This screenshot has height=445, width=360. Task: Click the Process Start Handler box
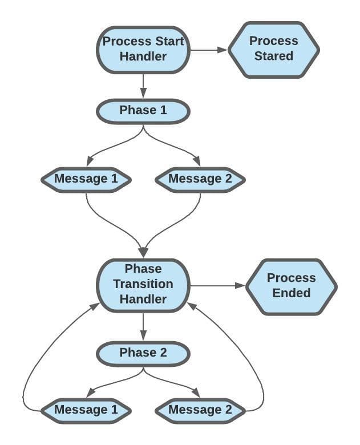click(x=143, y=49)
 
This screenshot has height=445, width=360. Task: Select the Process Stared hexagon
click(x=274, y=49)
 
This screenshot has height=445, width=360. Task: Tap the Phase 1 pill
click(x=143, y=111)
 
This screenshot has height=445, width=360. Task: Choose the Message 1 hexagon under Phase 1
click(x=86, y=179)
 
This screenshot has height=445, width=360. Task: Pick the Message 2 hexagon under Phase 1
click(x=200, y=179)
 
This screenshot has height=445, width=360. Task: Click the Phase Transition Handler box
click(x=143, y=284)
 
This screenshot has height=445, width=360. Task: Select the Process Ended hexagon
click(x=291, y=286)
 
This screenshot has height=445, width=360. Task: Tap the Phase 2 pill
click(x=143, y=353)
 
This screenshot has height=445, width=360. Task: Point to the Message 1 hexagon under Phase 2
click(x=86, y=410)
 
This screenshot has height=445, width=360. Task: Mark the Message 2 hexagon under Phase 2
click(x=200, y=410)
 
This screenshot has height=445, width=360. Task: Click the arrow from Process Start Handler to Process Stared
click(x=208, y=50)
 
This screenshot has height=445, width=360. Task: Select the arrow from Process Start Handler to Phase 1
click(x=143, y=86)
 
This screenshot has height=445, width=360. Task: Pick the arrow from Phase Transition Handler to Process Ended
click(x=217, y=285)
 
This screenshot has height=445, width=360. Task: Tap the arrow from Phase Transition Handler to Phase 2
click(x=143, y=325)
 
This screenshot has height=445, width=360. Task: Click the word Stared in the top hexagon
click(x=274, y=56)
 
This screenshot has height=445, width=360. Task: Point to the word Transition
click(x=143, y=284)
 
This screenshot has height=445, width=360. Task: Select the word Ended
click(x=291, y=293)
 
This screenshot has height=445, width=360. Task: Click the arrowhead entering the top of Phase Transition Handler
click(x=143, y=252)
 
